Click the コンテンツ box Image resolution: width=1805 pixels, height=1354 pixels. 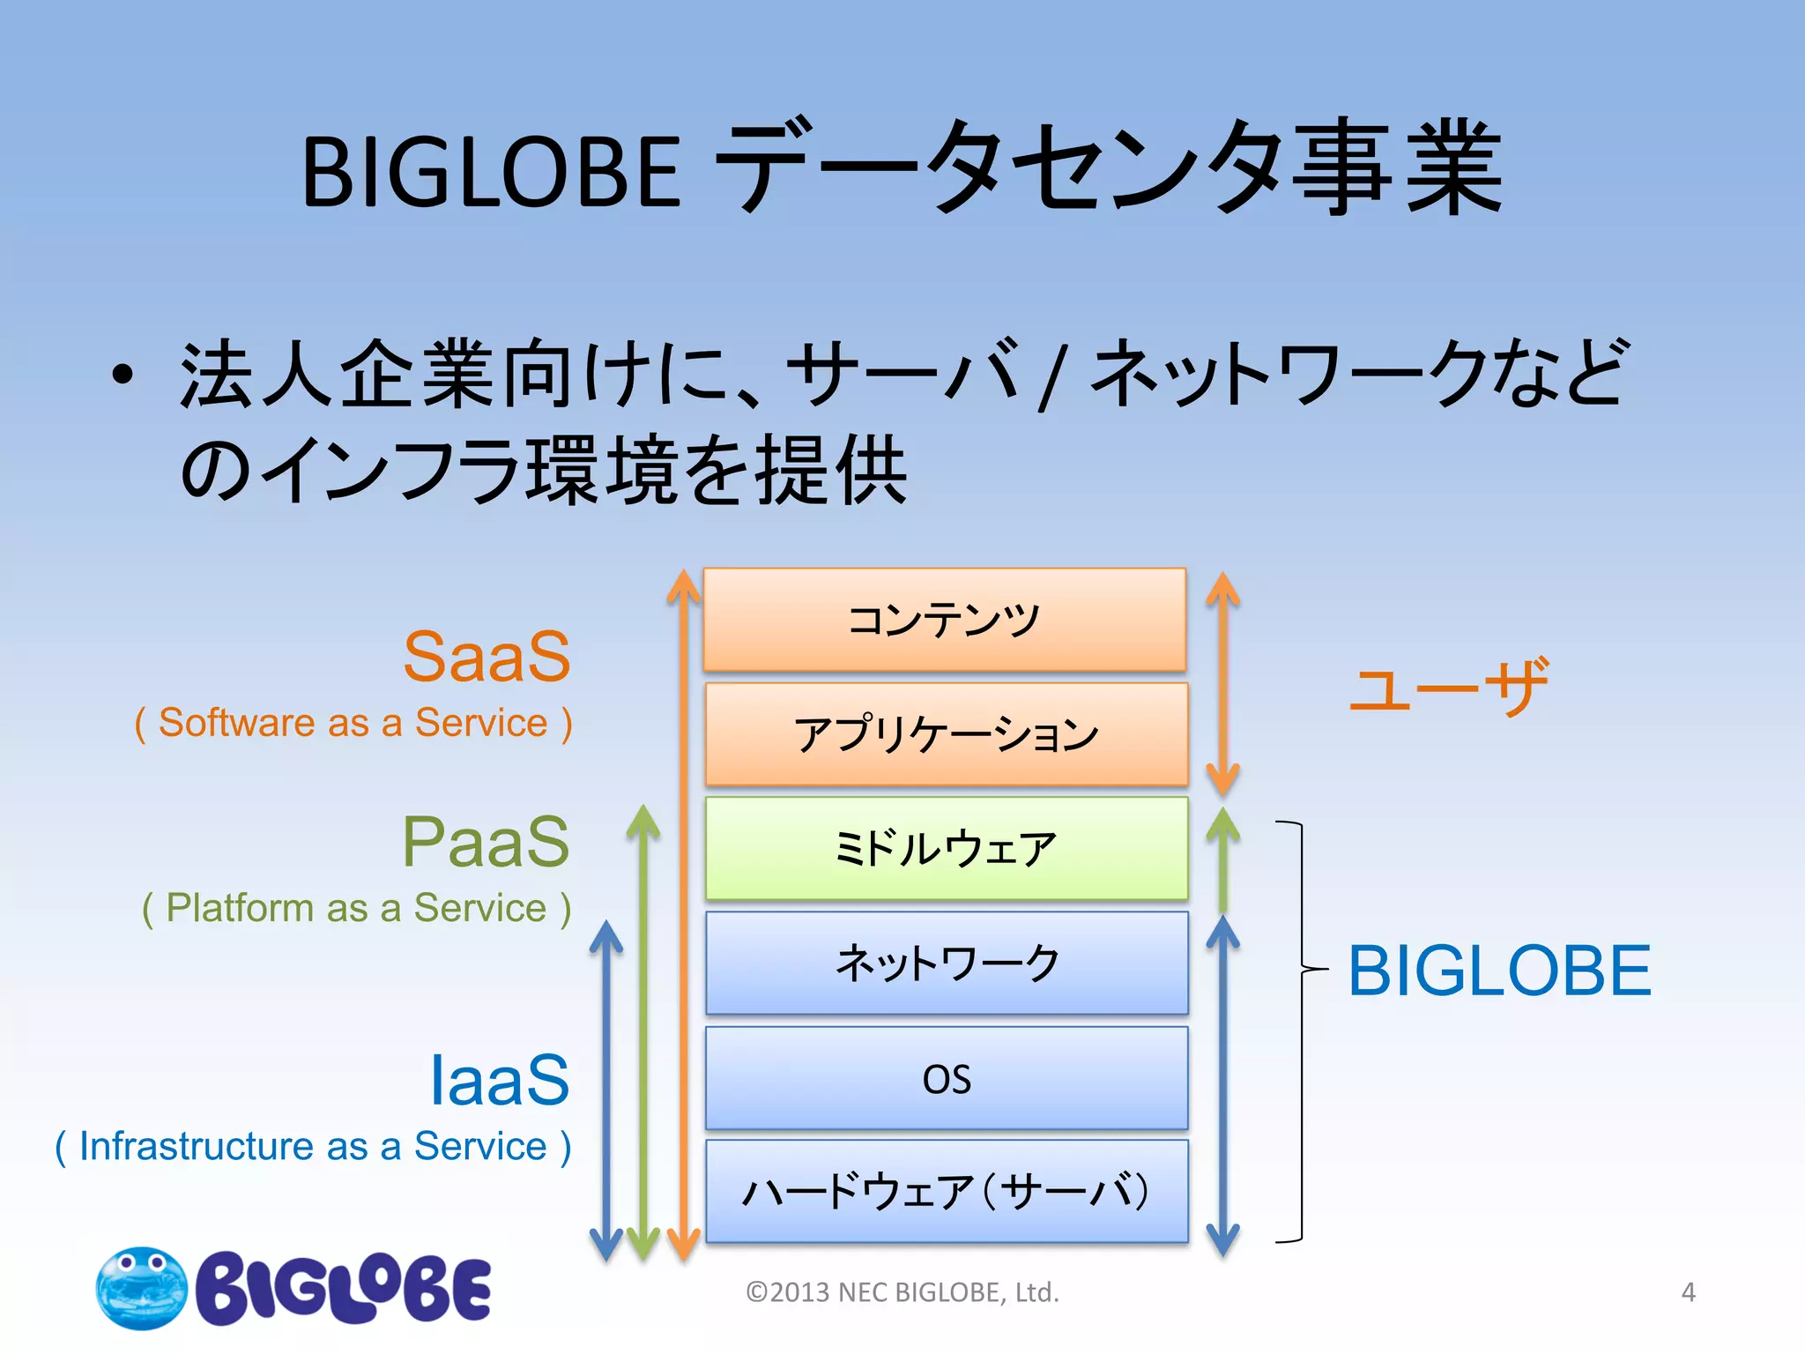pyautogui.click(x=945, y=620)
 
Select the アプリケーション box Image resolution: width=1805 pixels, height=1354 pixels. pyautogui.click(x=946, y=734)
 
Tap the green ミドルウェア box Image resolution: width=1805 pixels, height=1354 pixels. pyautogui.click(x=946, y=848)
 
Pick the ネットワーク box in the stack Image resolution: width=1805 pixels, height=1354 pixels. pyautogui.click(x=946, y=963)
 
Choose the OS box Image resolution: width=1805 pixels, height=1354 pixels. pyautogui.click(x=946, y=1078)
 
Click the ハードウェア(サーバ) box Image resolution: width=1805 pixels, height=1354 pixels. pyautogui.click(x=946, y=1192)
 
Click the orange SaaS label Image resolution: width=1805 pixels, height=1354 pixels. pyautogui.click(x=487, y=658)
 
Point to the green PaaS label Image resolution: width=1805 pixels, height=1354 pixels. pyautogui.click(x=486, y=843)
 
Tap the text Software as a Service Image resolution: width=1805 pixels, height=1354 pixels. pyautogui.click(x=353, y=723)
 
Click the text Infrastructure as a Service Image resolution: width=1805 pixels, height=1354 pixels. pyautogui.click(x=313, y=1147)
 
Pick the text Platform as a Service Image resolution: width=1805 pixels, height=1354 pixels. pyautogui.click(x=356, y=908)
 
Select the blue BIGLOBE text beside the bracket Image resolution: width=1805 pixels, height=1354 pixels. pyautogui.click(x=1499, y=971)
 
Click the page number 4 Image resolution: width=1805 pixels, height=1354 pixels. pyautogui.click(x=1688, y=1292)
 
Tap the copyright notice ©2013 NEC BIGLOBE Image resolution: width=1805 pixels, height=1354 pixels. pyautogui.click(x=902, y=1292)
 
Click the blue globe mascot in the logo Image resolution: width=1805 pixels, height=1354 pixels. pyautogui.click(x=141, y=1288)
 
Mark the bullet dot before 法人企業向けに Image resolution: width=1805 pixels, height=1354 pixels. pyautogui.click(x=123, y=375)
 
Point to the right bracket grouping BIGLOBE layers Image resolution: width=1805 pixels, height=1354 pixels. pyautogui.click(x=1300, y=1031)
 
